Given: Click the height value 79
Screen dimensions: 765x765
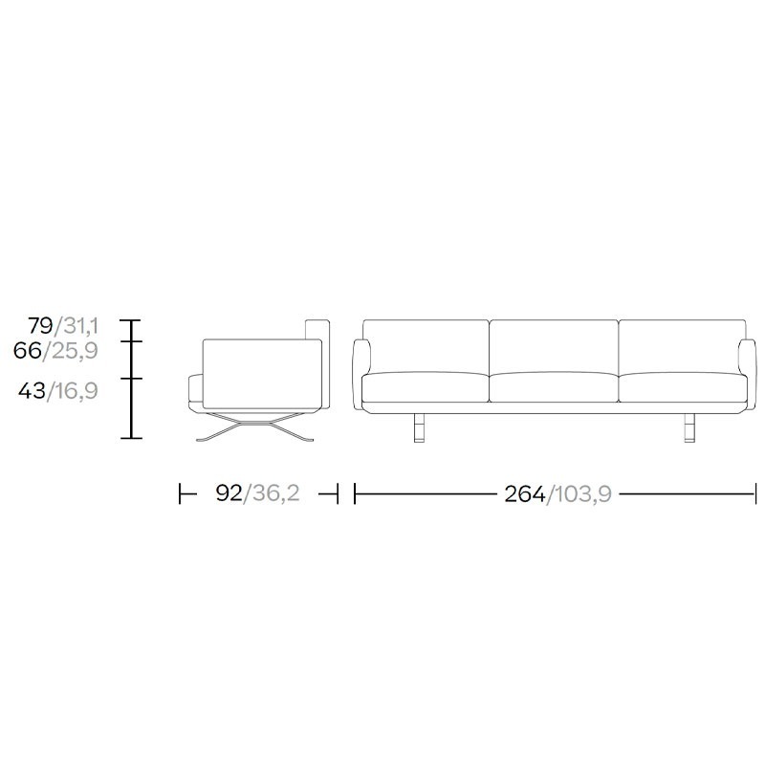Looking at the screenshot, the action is point(40,325).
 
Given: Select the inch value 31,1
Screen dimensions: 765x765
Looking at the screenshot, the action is point(80,325).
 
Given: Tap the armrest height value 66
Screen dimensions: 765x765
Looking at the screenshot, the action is point(28,350).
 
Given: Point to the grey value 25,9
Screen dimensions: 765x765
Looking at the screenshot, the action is point(76,350).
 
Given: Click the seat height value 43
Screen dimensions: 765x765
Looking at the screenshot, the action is point(33,390).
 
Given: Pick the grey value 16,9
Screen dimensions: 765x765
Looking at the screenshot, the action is point(77,390).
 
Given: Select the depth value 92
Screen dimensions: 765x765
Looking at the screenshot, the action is point(229,493).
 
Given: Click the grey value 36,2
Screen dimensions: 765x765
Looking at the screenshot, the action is point(276,493).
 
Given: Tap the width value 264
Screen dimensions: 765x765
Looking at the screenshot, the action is point(524,494).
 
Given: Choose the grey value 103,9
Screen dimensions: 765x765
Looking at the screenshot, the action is point(583,494).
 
